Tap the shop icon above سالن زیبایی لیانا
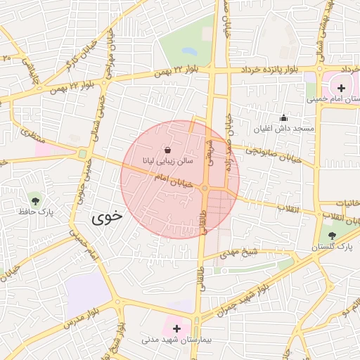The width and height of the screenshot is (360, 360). (167, 150)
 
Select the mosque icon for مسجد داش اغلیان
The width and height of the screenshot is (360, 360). (283, 118)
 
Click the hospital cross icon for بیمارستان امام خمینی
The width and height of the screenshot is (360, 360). (342, 88)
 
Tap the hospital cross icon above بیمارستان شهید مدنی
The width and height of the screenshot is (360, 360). (176, 328)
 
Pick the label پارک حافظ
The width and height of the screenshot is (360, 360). (37, 212)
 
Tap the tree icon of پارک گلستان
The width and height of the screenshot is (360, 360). (333, 236)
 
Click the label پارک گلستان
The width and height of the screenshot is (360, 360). (333, 247)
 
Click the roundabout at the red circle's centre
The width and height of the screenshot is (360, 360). (205, 188)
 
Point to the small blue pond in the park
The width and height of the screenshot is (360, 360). (189, 51)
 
